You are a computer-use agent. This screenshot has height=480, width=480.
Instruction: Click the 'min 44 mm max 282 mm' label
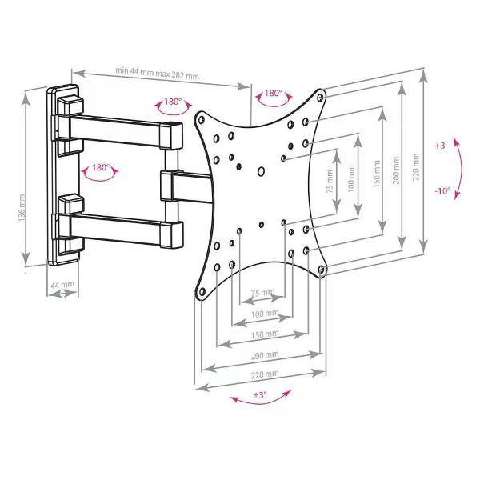coord(157,73)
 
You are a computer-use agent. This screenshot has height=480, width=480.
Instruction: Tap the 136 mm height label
coord(22,208)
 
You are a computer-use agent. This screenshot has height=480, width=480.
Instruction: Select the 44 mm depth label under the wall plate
coord(62,285)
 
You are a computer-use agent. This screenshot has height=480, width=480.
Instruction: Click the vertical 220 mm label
coord(416,167)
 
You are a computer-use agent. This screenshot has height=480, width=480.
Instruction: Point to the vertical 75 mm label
coord(330,181)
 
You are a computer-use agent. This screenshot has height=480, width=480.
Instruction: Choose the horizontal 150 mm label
coord(265,334)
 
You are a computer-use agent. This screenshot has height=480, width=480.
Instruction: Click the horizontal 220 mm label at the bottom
coord(265,374)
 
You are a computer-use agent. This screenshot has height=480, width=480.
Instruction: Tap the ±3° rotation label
coord(260,394)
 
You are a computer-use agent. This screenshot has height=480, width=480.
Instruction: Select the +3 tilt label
coord(439,146)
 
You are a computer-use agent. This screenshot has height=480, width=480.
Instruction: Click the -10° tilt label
coord(442,191)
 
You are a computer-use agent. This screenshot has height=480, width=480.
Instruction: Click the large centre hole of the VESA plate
coord(261,171)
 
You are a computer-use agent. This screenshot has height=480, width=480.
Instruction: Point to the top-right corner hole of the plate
coord(320,98)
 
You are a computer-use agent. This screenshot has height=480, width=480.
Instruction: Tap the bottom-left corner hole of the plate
coord(202,291)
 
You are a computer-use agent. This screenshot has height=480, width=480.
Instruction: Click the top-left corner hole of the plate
coord(201,120)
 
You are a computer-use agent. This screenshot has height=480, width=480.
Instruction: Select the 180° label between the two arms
coord(101,167)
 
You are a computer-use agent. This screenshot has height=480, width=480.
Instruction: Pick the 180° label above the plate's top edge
coord(273,93)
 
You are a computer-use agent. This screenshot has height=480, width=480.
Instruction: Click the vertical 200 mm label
coord(397,170)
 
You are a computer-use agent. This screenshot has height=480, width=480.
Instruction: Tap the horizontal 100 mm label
coord(265,314)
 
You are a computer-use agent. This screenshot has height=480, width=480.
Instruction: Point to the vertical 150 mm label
coord(377,174)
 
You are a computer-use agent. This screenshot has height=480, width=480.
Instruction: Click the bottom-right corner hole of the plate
coord(321,270)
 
